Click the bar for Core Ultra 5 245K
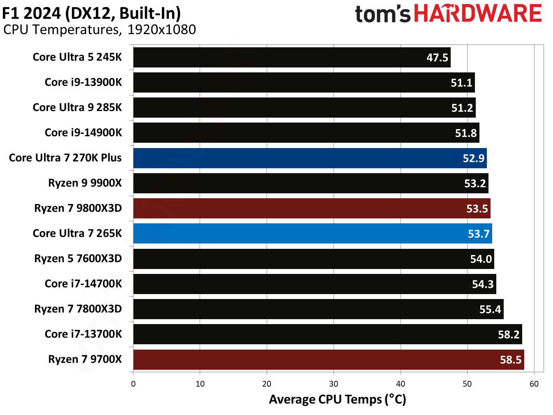(292, 57)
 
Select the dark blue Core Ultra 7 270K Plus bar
(310, 158)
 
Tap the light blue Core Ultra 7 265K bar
(312, 234)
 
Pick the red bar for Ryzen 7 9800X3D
(311, 209)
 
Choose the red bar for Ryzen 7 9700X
(328, 359)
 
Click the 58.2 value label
(509, 335)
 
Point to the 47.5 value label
(437, 58)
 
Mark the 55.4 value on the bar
(490, 309)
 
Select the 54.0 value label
(481, 259)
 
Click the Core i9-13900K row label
(83, 82)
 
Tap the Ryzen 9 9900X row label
(85, 183)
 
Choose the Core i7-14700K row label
(83, 284)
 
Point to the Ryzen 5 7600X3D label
(78, 259)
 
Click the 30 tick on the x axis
(334, 384)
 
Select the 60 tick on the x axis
(534, 384)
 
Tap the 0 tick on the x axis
(133, 384)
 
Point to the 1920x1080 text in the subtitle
(161, 30)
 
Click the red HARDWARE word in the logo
(477, 14)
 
